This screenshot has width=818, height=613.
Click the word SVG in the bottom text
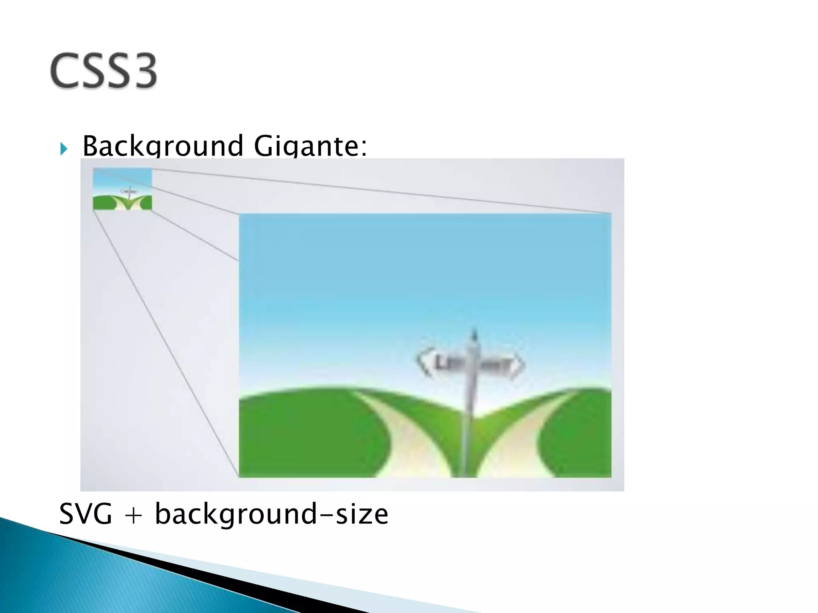pyautogui.click(x=85, y=514)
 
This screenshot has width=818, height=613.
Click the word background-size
pyautogui.click(x=271, y=514)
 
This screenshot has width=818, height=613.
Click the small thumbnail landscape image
pyautogui.click(x=123, y=189)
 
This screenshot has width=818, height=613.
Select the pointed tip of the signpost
pyautogui.click(x=475, y=333)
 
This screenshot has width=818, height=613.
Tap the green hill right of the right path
pyautogui.click(x=579, y=439)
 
